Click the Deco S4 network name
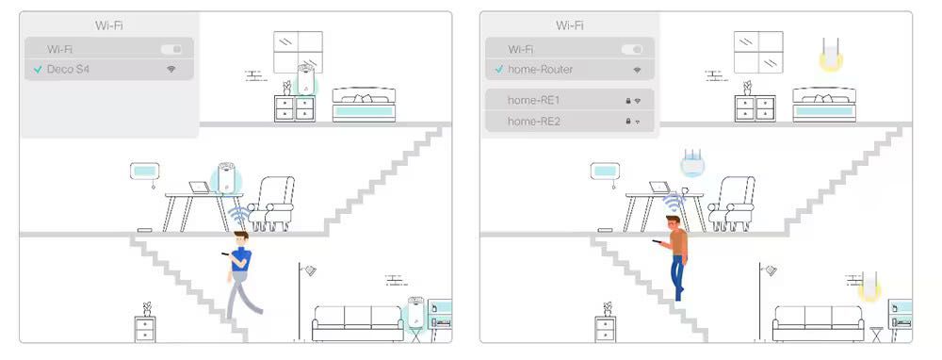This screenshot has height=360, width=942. pyautogui.click(x=68, y=70)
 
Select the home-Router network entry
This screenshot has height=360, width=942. pyautogui.click(x=540, y=70)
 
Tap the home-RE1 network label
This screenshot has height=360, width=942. pyautogui.click(x=534, y=100)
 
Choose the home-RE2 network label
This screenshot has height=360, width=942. pyautogui.click(x=534, y=122)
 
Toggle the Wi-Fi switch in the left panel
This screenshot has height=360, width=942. pyautogui.click(x=171, y=48)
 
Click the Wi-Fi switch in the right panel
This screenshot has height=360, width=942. pyautogui.click(x=632, y=48)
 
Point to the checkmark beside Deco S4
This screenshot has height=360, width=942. pyautogui.click(x=37, y=70)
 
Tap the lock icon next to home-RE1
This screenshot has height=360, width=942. pyautogui.click(x=626, y=100)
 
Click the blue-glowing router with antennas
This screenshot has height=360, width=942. pyautogui.click(x=692, y=162)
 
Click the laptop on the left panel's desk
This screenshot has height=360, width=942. pyautogui.click(x=200, y=188)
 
